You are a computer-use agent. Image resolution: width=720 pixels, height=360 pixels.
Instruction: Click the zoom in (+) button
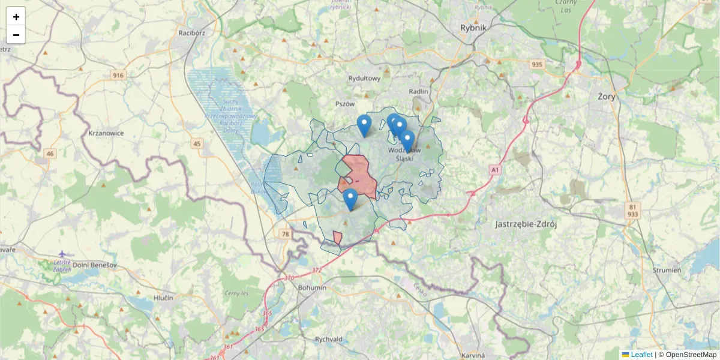[x=16, y=17]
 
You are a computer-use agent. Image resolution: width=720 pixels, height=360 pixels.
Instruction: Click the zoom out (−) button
[x=16, y=35]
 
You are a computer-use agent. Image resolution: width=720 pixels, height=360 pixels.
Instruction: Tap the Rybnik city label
[x=473, y=28]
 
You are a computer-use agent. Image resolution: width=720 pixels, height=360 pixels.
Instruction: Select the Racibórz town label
[x=192, y=33]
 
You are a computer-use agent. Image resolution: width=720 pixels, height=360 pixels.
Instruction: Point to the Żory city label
[x=607, y=96]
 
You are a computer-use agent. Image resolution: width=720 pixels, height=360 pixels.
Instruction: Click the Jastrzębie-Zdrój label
[x=527, y=224]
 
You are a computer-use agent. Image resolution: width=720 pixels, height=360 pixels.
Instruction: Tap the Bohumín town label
[x=312, y=287]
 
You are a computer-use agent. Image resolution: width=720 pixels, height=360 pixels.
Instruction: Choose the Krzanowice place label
[x=106, y=133]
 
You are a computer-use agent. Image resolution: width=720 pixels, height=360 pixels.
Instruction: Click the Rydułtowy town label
[x=364, y=78]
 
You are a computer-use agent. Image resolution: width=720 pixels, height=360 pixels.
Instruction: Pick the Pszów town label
[x=345, y=104]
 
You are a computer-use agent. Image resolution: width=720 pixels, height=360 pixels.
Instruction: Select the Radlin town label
[x=419, y=91]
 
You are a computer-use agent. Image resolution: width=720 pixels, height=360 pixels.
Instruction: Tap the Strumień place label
[x=667, y=270]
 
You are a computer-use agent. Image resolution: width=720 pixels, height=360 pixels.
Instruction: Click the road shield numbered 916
[x=118, y=75]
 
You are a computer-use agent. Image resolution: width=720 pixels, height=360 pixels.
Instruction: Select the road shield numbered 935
[x=536, y=64]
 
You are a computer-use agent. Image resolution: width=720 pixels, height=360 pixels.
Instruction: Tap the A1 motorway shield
[x=494, y=170]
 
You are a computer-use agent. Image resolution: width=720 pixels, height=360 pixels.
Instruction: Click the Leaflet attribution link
[x=641, y=355]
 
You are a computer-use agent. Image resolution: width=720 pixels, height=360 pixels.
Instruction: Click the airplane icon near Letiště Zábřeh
[x=63, y=254]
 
